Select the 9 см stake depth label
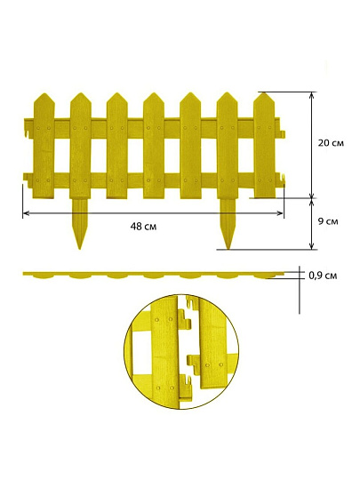[x=328, y=221]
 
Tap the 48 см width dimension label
[x=143, y=227]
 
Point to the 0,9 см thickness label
[x=323, y=276]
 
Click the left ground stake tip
[x=80, y=249]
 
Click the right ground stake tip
[x=228, y=248]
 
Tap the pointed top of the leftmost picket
[x=44, y=93]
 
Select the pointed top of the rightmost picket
[x=264, y=92]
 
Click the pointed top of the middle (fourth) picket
[x=154, y=93]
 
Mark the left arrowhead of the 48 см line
[x=26, y=213]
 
